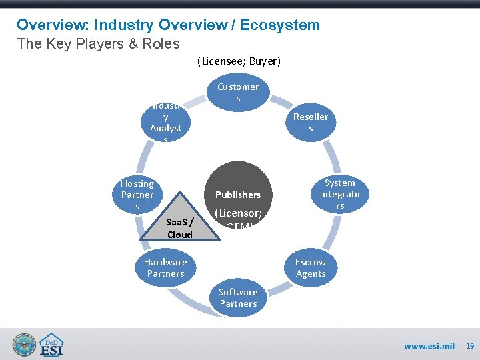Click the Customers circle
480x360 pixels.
pos(238,92)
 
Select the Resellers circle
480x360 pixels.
pos(311,122)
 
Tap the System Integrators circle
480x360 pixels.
pos(339,194)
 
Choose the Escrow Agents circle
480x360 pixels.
pos(311,267)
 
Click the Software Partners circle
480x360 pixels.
pos(238,297)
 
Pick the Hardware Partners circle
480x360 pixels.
pos(165,267)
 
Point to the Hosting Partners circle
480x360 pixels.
pos(137,195)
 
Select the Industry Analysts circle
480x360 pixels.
pos(165,122)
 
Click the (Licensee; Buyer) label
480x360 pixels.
pos(239,61)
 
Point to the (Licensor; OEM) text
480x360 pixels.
pos(238,219)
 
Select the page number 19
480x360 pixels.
pos(469,345)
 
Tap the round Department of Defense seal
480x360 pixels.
pos(25,345)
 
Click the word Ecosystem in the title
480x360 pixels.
pos(280,25)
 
